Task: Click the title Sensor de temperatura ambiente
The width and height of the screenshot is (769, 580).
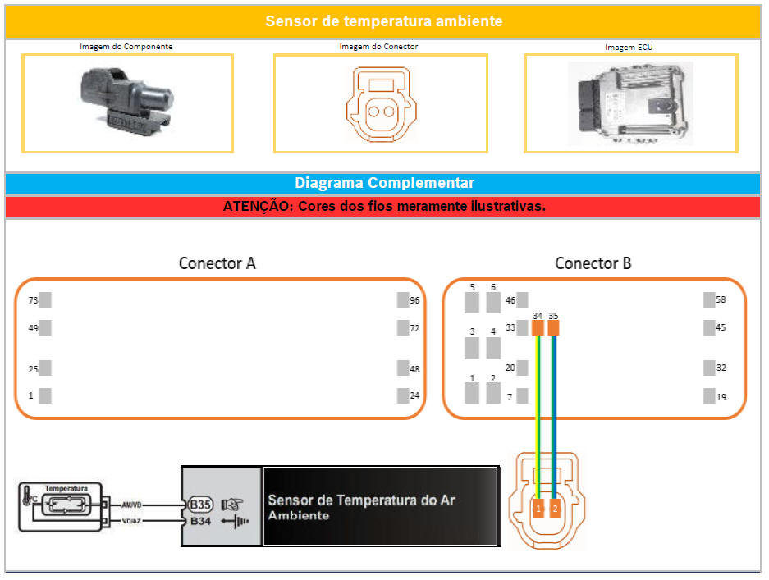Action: pyautogui.click(x=383, y=21)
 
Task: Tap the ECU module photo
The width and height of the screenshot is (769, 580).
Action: pyautogui.click(x=630, y=102)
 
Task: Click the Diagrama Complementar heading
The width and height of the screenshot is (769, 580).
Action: pyautogui.click(x=383, y=183)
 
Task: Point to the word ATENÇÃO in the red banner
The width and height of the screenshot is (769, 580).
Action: pyautogui.click(x=257, y=207)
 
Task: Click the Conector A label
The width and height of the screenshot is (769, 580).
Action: pyautogui.click(x=217, y=263)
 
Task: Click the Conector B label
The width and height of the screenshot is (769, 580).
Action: pyautogui.click(x=593, y=263)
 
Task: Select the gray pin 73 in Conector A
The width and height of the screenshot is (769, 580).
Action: pyautogui.click(x=46, y=300)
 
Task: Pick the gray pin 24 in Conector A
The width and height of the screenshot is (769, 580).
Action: pyautogui.click(x=403, y=395)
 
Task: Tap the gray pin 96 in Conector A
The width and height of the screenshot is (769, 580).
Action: pyautogui.click(x=403, y=300)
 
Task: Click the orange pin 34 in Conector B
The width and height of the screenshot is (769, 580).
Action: pyautogui.click(x=538, y=328)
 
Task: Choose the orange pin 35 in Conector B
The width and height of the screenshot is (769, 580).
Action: pyautogui.click(x=554, y=328)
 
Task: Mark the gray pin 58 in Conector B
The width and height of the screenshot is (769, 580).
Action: pyautogui.click(x=709, y=300)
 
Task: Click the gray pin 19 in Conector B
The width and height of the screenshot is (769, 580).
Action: pyautogui.click(x=709, y=396)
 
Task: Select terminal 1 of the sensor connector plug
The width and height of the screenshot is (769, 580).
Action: pyautogui.click(x=538, y=509)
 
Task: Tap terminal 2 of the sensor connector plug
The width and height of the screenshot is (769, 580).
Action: pyautogui.click(x=555, y=509)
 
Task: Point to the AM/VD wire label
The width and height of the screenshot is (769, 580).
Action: pyautogui.click(x=131, y=505)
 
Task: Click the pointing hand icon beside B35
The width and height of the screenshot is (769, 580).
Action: pyautogui.click(x=231, y=505)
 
